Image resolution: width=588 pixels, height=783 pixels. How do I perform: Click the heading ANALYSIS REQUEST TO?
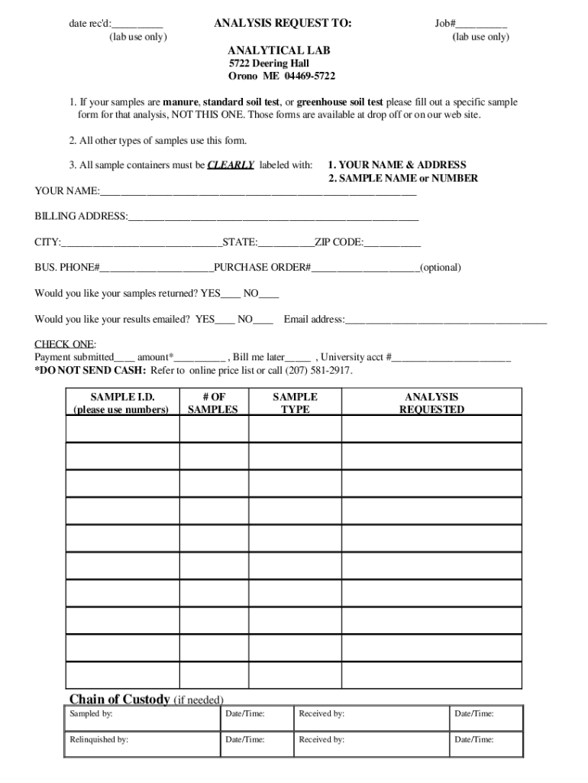(283, 24)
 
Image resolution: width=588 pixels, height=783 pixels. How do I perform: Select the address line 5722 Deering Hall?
(269, 64)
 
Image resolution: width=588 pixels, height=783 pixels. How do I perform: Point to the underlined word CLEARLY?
(231, 164)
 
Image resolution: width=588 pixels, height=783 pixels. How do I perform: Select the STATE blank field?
(286, 244)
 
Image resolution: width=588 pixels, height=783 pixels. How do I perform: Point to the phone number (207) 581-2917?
(318, 371)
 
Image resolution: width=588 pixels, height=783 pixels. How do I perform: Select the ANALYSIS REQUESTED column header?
(431, 403)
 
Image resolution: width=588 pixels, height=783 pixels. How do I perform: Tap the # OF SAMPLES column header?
(214, 403)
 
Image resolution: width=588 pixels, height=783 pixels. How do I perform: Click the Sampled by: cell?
(142, 718)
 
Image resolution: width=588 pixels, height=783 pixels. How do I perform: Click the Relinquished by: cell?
(142, 744)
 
